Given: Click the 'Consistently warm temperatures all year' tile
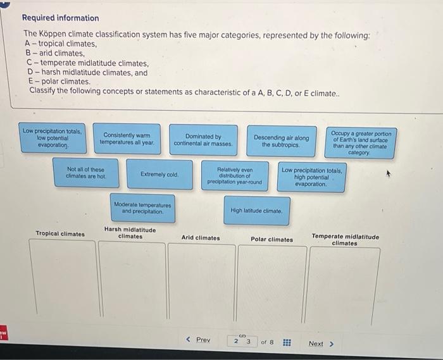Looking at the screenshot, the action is [127, 139].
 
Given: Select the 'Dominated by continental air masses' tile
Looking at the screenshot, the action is [203, 140].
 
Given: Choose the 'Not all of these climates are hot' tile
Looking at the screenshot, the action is [85, 173].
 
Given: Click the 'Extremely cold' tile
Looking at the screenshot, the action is [159, 174].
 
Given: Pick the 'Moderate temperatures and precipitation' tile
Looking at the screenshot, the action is [142, 208].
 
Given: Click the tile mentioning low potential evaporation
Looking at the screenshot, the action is [52, 138].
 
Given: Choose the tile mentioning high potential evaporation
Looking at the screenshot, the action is [312, 177].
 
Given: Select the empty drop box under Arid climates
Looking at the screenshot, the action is [201, 283].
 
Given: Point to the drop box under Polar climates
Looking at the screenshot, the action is [271, 283].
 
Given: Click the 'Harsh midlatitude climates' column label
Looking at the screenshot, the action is [130, 233].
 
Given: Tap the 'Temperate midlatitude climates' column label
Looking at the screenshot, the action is [345, 239].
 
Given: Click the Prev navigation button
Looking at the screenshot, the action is [198, 340].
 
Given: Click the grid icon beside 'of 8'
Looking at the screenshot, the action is [286, 343].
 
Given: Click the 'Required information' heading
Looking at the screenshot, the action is [61, 18].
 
